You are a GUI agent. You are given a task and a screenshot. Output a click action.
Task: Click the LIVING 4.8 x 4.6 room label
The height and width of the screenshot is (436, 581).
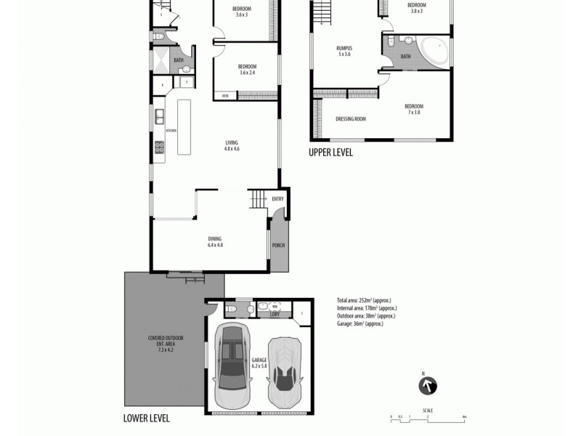pos(232,145)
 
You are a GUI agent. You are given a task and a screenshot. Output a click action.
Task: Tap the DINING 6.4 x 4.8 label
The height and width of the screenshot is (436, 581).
pos(214,242)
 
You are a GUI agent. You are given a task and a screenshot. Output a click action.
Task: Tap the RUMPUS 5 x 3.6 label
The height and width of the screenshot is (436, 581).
pos(344,51)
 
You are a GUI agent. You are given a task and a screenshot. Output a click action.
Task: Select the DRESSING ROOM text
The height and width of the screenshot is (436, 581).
pos(350,118)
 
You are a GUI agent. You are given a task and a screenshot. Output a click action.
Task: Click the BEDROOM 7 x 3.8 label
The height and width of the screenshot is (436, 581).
pos(415,110)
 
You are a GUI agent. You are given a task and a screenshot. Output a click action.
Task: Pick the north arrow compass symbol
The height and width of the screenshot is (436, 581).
pos(428,386)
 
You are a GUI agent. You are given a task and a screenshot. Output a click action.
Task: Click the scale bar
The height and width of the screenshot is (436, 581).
pos(428,418)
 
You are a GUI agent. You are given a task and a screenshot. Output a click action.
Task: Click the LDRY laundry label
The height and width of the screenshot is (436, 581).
pos(274,314)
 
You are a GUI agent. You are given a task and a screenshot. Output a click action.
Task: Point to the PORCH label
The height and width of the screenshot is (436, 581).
pos(278,245)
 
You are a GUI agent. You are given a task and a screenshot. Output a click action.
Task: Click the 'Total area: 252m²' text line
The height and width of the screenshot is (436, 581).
pos(364,300)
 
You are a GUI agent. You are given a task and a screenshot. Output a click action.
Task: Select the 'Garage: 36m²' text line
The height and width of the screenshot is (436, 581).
pos(359,323)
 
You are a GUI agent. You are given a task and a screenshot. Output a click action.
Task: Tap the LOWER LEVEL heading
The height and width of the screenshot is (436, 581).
pos(147,419)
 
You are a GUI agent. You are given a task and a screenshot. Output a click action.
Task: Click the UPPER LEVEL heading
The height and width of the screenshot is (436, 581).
pos(330,153)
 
